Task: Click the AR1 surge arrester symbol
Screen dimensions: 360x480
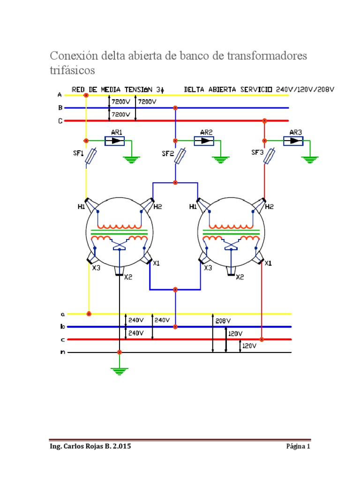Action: (114, 141)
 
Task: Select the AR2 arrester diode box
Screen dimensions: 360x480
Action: (204, 141)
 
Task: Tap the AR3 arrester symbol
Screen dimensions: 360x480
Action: (293, 141)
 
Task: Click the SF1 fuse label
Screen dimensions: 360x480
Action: (78, 153)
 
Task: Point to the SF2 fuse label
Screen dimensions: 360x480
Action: (168, 153)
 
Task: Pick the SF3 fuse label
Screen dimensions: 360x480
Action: (257, 152)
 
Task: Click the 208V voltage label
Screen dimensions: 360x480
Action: (223, 321)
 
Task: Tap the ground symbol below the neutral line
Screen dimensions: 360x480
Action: (120, 371)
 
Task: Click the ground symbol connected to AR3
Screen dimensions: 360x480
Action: (310, 160)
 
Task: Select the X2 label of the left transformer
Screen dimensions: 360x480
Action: (128, 277)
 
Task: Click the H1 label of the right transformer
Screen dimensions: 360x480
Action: (193, 207)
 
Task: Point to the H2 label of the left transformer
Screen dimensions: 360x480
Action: (157, 207)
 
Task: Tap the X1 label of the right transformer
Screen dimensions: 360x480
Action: (268, 263)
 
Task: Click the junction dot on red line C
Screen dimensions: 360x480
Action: (264, 121)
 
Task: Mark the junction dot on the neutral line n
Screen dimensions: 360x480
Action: (120, 352)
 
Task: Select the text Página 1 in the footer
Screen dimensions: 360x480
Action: (298, 446)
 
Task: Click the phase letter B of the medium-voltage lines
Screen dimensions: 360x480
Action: (60, 108)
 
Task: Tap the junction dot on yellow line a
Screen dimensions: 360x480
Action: (89, 314)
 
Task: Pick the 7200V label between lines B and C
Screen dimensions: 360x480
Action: (120, 114)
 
